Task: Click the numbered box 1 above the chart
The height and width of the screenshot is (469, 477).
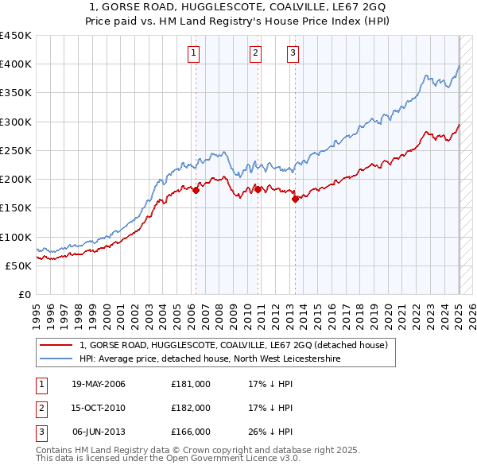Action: coord(194,53)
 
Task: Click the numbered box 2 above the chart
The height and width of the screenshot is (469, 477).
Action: coord(255,53)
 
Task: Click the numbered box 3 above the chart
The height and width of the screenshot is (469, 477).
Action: coord(293,53)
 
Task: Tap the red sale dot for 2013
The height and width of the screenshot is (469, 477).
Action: coord(295,200)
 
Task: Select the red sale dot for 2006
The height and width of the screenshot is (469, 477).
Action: coord(196,190)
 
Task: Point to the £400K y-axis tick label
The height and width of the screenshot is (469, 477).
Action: coord(15,64)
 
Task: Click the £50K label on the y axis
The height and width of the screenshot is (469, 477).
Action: coord(18,266)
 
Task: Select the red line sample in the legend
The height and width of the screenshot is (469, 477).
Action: coord(56,345)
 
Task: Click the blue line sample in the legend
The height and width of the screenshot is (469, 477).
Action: coord(56,359)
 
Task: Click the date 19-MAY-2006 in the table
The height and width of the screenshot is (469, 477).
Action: coord(99,384)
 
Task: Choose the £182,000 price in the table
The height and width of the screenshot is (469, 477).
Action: coord(191,408)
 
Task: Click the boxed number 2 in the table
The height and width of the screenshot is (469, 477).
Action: coord(41,408)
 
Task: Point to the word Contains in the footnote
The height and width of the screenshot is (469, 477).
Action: coord(56,450)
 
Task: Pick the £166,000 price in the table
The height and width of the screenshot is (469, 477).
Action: coord(191,432)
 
